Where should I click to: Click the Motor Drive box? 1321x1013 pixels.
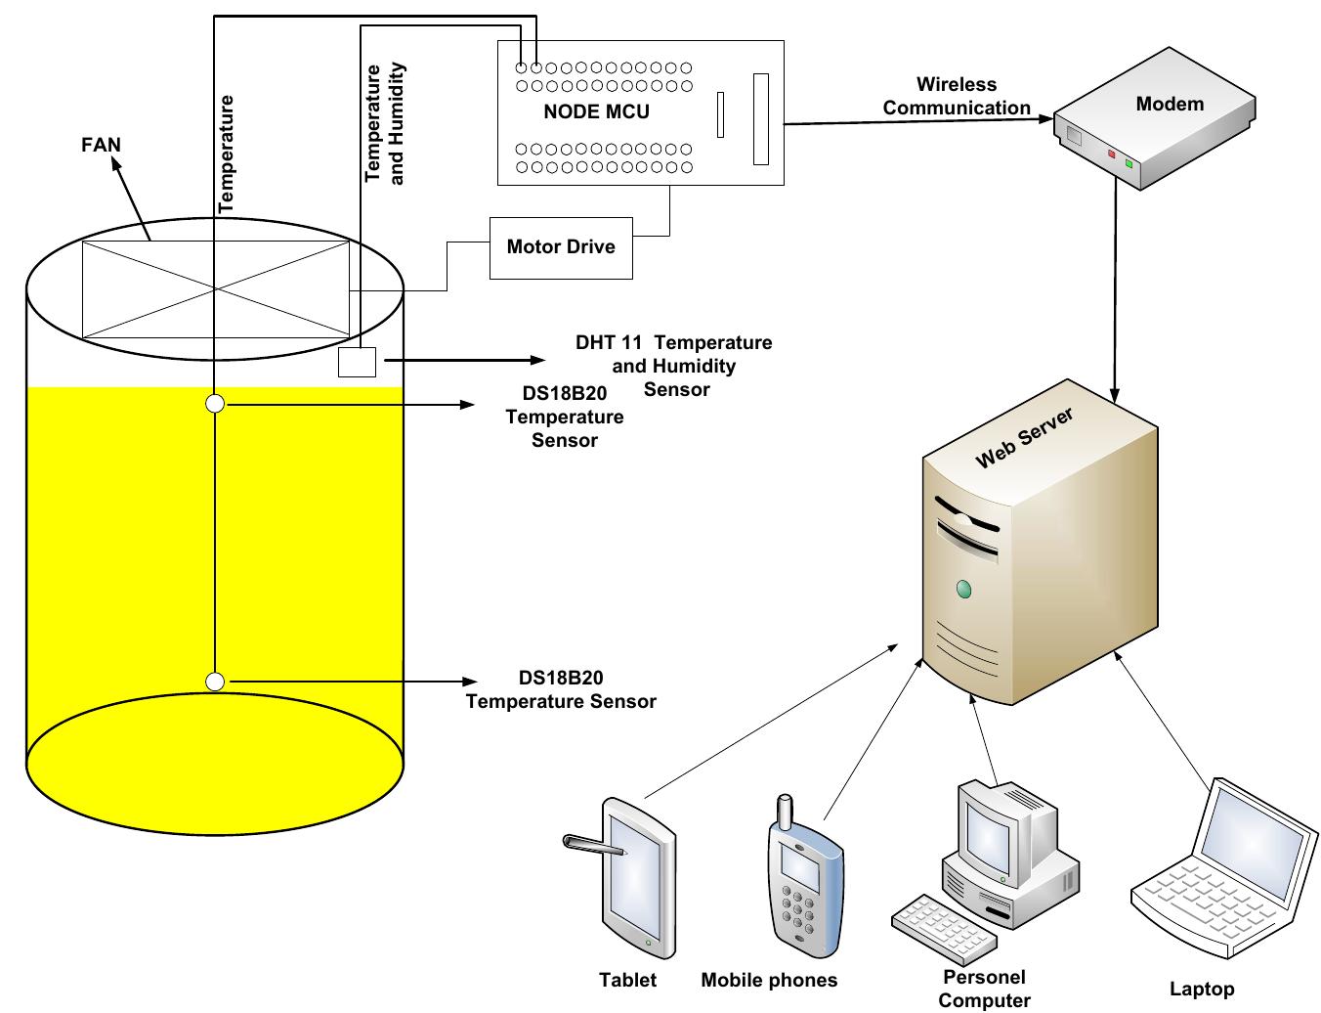561,246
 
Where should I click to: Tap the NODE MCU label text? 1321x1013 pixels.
596,111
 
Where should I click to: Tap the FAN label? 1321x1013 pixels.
101,146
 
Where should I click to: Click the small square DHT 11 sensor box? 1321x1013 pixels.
357,362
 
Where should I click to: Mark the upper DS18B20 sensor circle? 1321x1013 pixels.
215,403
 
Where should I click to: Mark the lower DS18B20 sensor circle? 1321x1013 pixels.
215,682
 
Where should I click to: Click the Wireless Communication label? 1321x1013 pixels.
957,97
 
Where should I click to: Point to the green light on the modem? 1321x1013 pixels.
1129,162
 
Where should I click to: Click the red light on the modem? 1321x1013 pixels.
1111,154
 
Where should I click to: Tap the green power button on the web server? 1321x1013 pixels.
964,589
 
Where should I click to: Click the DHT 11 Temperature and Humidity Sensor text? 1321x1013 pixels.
674,366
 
